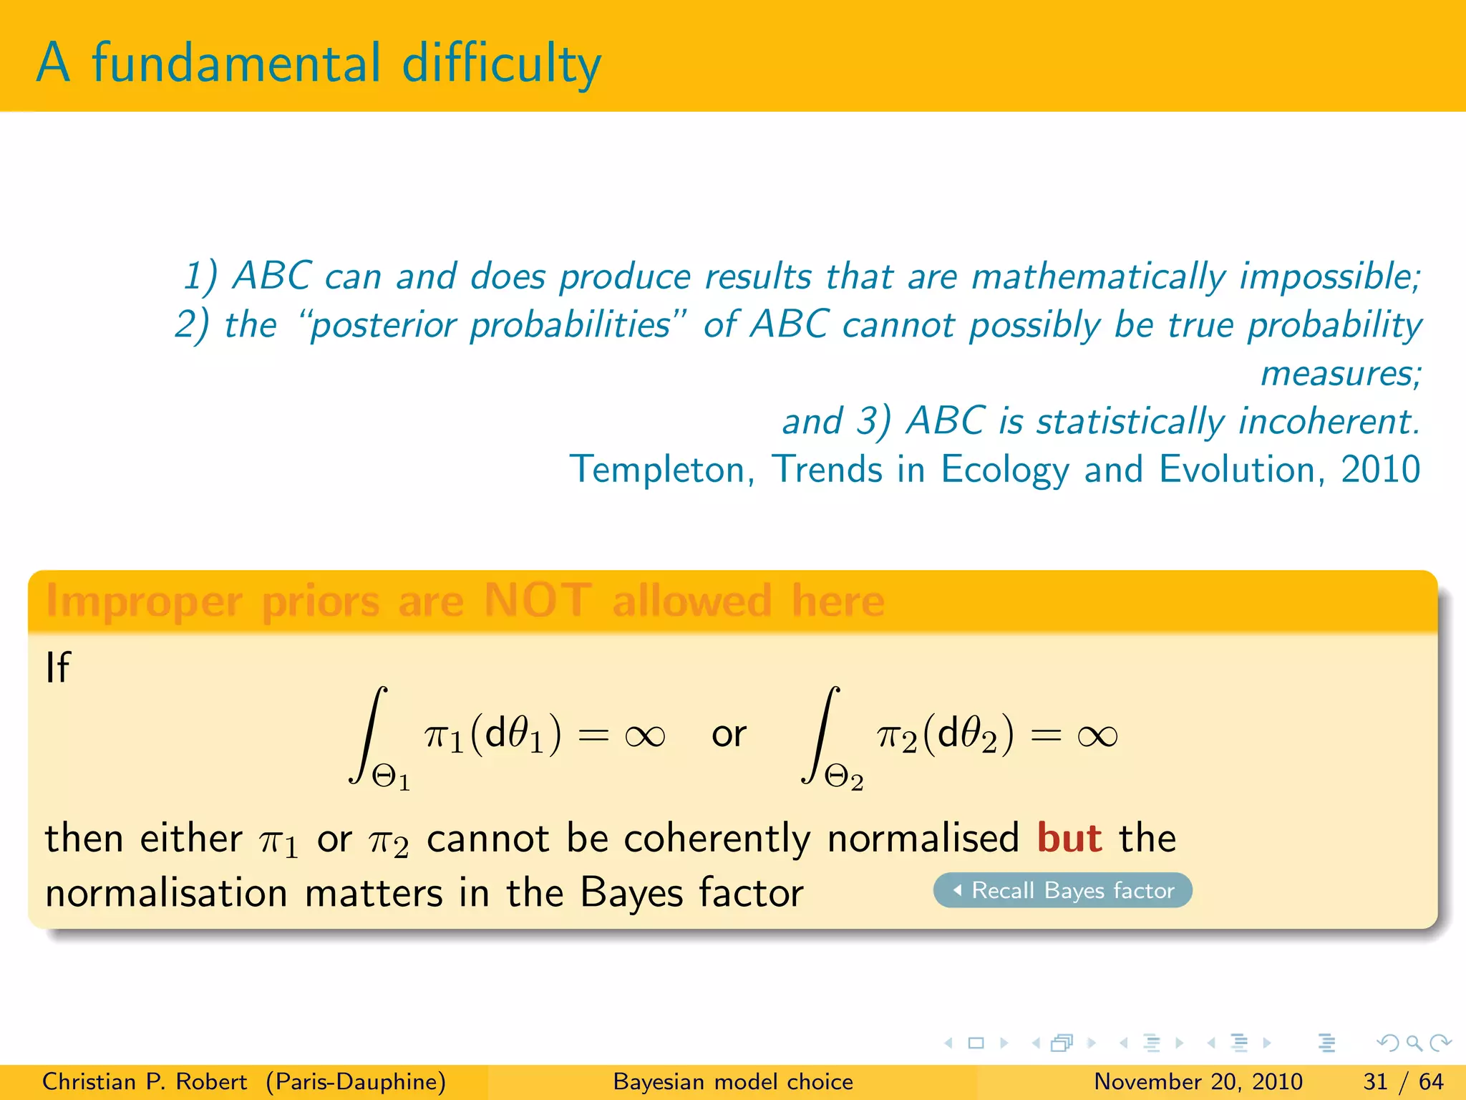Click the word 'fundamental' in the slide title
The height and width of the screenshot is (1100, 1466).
(236, 63)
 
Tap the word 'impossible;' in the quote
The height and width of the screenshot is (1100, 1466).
(1330, 277)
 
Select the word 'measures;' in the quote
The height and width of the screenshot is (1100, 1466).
(1341, 374)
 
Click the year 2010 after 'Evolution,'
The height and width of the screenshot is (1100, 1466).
(1380, 470)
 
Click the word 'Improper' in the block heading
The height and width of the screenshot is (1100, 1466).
(144, 602)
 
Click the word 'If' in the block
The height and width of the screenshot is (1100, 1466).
(58, 667)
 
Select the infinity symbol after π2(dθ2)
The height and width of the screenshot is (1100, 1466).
(1097, 735)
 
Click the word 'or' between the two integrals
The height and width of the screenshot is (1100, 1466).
(729, 735)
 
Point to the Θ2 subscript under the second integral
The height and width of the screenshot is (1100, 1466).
(844, 777)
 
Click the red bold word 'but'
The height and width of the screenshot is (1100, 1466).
(1069, 838)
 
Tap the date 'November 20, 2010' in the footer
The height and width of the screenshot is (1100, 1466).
(1198, 1081)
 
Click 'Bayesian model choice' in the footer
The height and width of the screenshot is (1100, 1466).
(733, 1081)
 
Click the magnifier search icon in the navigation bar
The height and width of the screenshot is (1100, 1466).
(1414, 1043)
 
